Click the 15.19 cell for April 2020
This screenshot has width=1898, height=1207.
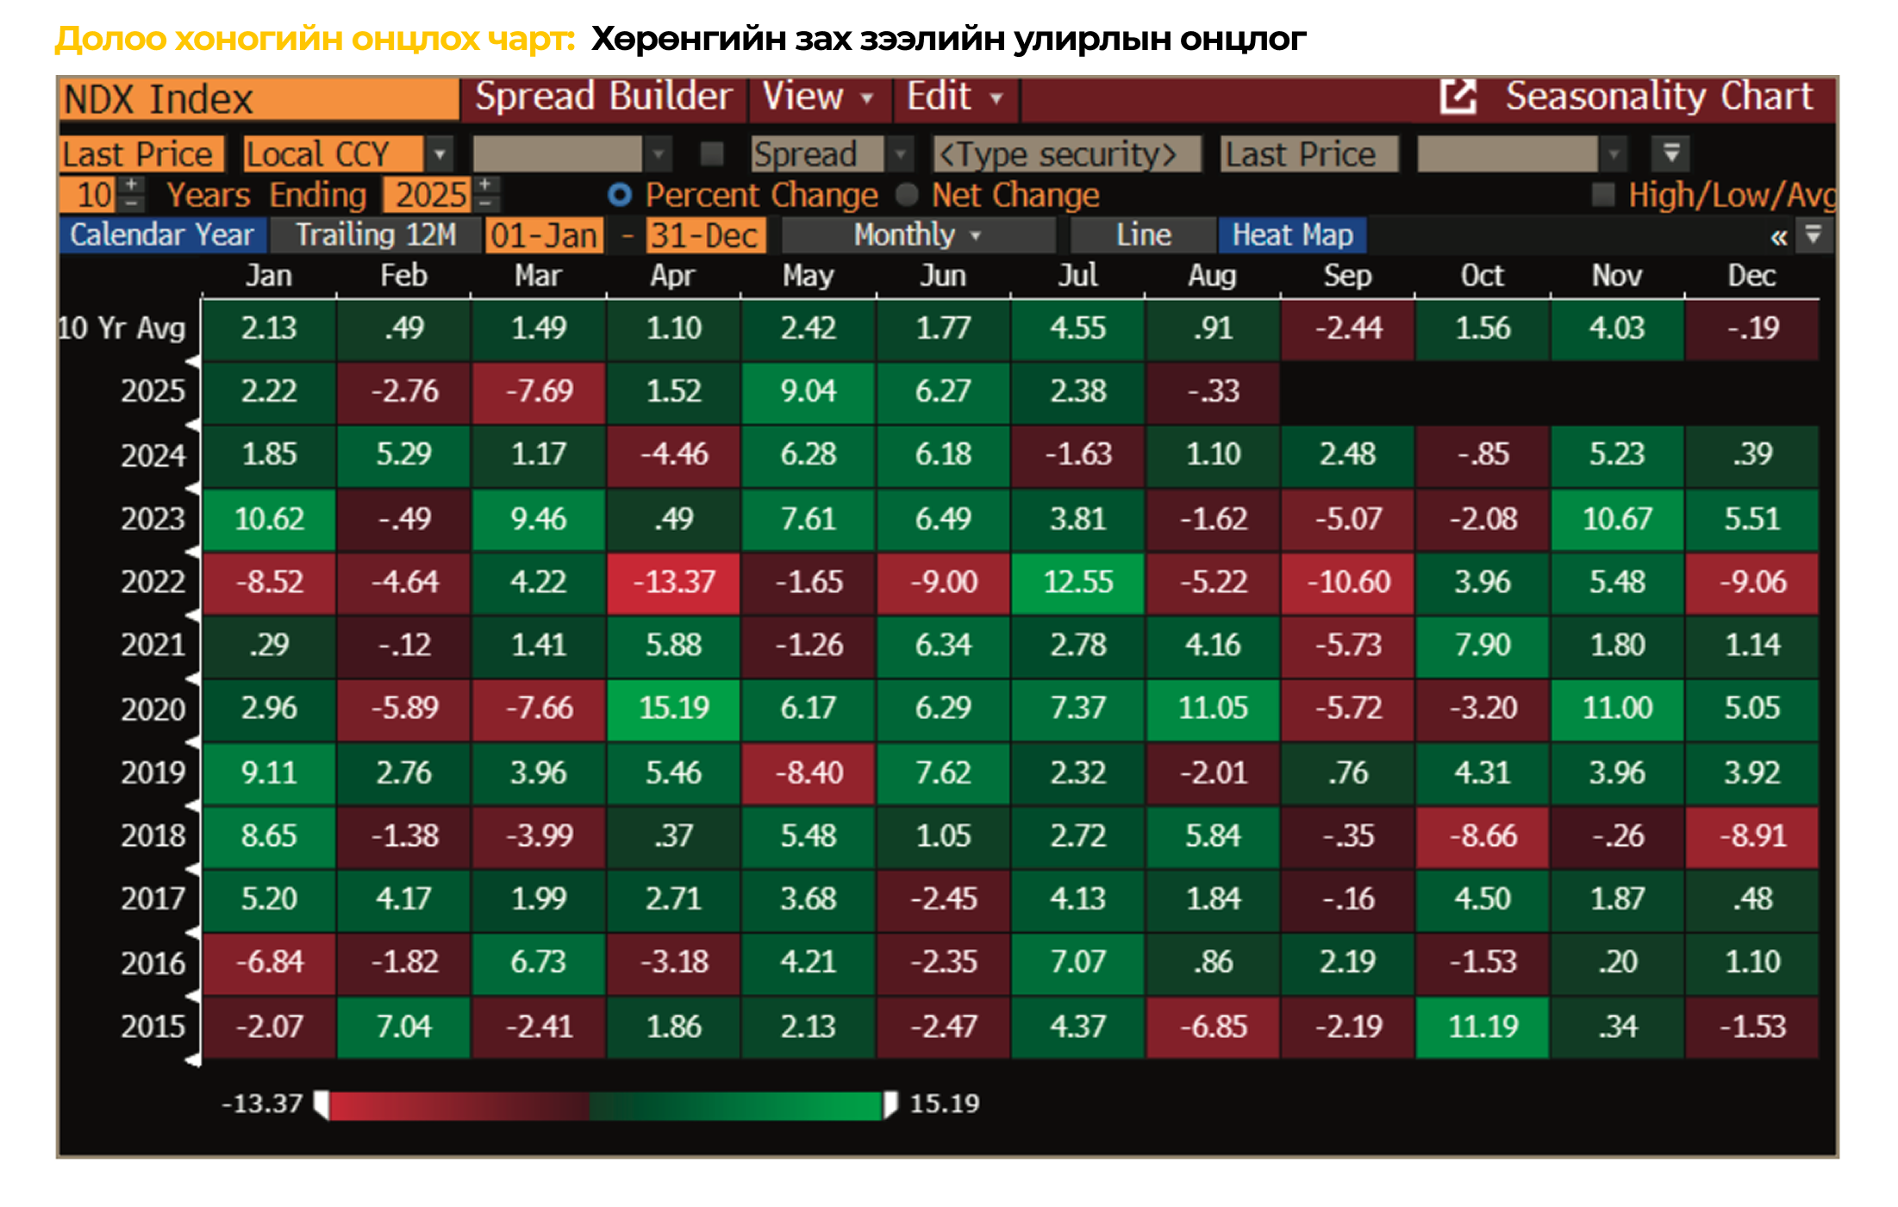(673, 709)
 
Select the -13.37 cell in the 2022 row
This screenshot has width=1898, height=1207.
(673, 582)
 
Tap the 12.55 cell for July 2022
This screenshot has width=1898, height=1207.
(1077, 582)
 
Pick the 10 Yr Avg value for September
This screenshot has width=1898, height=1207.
(1347, 328)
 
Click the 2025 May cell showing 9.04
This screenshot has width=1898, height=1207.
(808, 391)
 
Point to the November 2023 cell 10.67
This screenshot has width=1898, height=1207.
(1617, 519)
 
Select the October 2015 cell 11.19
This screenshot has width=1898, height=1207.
(1483, 1027)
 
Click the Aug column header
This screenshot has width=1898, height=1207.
(1212, 276)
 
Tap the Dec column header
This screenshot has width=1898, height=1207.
(1751, 276)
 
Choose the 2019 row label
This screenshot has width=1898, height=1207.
(153, 772)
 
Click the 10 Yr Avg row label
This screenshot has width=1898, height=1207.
(122, 328)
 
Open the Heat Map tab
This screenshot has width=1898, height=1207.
(1292, 235)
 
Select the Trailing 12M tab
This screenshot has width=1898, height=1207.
(375, 235)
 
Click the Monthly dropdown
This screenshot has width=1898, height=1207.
(917, 235)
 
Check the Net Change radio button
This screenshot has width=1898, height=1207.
(907, 195)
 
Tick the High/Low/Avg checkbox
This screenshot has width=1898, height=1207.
(1603, 195)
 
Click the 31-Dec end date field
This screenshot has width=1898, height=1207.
(703, 235)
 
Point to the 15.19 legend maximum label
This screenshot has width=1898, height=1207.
(945, 1104)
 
